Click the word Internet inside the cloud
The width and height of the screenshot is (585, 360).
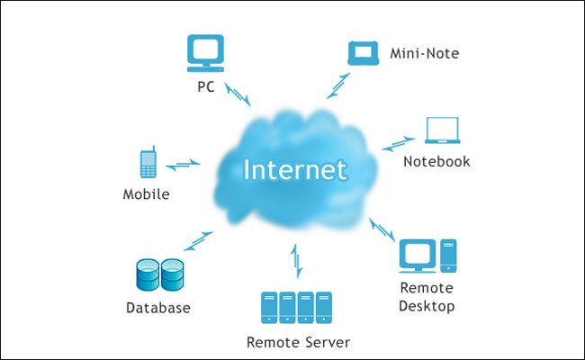coord(295,169)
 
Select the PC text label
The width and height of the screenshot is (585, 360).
coord(205,88)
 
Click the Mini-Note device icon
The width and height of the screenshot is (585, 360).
coord(364,52)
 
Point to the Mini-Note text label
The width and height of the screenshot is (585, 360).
coord(425,54)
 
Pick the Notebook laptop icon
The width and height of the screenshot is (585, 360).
coord(445,131)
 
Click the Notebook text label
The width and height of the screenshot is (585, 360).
coord(436,162)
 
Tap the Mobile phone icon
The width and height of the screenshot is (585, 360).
coord(148,163)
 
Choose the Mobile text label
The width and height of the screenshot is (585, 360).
coord(147,193)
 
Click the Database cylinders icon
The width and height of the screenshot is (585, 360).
coord(158,275)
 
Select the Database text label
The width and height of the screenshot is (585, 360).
coord(158,308)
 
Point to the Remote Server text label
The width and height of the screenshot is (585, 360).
coord(298,342)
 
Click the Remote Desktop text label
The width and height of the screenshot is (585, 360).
coord(427,298)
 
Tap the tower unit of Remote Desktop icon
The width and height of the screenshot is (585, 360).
coord(447,256)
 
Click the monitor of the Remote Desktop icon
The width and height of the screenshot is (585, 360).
coord(418,254)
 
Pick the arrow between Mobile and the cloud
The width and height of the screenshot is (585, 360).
coord(184,164)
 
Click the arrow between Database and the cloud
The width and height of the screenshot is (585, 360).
coord(198,240)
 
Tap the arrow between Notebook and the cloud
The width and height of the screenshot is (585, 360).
coord(399,143)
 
